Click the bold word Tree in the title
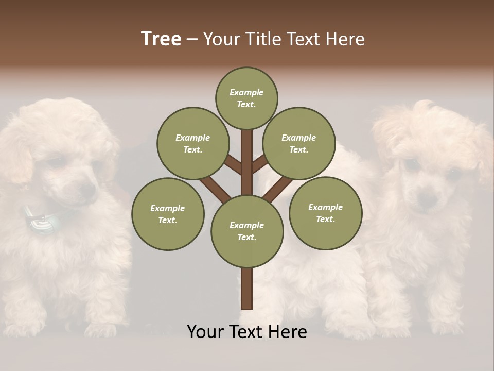161,39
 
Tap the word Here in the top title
345,39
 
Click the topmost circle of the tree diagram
246,98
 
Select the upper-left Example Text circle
192,143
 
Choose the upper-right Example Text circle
299,143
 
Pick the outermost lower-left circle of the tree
168,214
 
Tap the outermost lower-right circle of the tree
325,213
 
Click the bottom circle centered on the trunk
246,231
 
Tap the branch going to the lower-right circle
277,189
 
